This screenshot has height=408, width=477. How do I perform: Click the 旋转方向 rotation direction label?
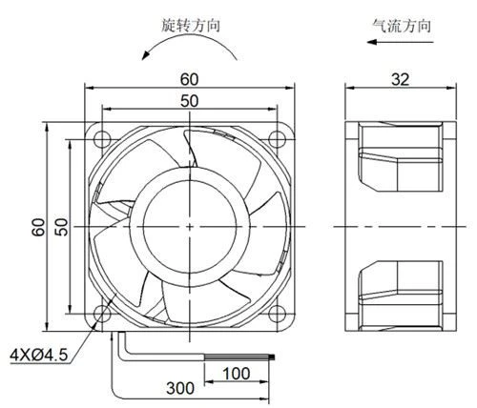(191, 26)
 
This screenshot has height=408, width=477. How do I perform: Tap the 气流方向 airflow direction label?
(402, 26)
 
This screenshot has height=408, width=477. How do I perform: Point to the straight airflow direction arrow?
(400, 42)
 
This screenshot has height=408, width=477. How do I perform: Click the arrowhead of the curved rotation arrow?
(146, 55)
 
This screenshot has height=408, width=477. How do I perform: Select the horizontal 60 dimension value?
(189, 79)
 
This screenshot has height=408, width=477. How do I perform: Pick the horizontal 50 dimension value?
(189, 101)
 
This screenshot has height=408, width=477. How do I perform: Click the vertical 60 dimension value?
(38, 227)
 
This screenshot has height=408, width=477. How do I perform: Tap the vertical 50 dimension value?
(62, 227)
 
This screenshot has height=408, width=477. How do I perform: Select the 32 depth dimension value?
(400, 79)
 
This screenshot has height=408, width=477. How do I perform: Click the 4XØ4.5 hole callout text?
(39, 355)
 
